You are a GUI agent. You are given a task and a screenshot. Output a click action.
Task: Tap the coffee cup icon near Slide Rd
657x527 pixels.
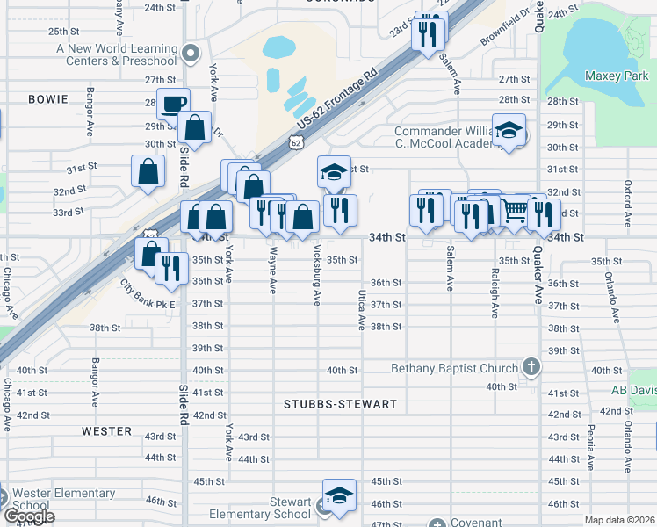173,103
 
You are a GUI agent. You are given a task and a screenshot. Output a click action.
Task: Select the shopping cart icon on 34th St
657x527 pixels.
514,211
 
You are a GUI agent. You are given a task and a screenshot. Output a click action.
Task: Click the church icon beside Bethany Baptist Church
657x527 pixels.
530,366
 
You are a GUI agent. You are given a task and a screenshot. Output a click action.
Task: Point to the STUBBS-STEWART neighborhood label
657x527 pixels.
341,404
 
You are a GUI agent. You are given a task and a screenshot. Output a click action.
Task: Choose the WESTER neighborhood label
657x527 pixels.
106,431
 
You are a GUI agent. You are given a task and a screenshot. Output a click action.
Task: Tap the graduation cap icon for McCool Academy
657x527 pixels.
509,131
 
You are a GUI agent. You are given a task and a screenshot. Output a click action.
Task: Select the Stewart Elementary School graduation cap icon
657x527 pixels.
339,495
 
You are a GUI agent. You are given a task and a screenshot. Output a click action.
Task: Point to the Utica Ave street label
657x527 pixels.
361,310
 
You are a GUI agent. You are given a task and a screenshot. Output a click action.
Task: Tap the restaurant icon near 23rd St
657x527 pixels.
429,32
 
